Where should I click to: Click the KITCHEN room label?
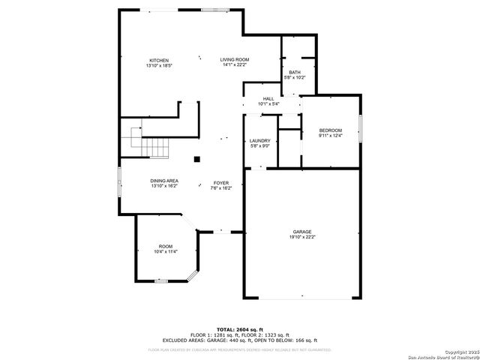click(159, 61)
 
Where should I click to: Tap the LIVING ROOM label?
click(235, 60)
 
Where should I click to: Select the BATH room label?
click(294, 72)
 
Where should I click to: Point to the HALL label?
click(268, 99)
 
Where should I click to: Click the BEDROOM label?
click(330, 130)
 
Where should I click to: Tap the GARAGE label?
click(302, 232)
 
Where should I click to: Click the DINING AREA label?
click(164, 181)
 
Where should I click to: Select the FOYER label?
click(221, 183)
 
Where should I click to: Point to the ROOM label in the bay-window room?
click(165, 247)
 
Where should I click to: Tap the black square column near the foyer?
click(197, 159)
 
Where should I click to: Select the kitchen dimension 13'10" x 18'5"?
click(159, 66)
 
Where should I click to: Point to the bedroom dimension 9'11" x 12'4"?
click(330, 136)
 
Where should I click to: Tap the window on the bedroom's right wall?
click(359, 129)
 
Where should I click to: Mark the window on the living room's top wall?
click(211, 10)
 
